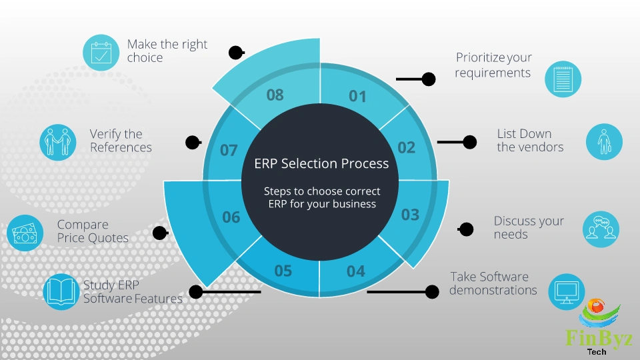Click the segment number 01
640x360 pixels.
coord(358,97)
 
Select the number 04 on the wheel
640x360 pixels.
coord(356,271)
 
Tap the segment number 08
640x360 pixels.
coord(275,95)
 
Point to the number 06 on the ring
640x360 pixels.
coord(231,217)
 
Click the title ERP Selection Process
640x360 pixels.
coord(321,163)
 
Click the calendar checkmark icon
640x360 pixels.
coord(101,53)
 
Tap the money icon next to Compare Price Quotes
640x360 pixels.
coord(25,233)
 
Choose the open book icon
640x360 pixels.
coord(61,291)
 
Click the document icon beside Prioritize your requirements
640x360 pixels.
coord(563,79)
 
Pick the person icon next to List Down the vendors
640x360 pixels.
coord(604,142)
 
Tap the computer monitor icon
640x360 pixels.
coord(566,291)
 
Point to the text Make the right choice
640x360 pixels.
coord(167,51)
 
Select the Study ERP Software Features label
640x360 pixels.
coord(132,292)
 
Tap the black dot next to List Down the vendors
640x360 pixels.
coord(470,142)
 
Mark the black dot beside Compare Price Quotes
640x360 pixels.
coord(159,233)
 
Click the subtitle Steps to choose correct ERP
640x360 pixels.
coord(321,197)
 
